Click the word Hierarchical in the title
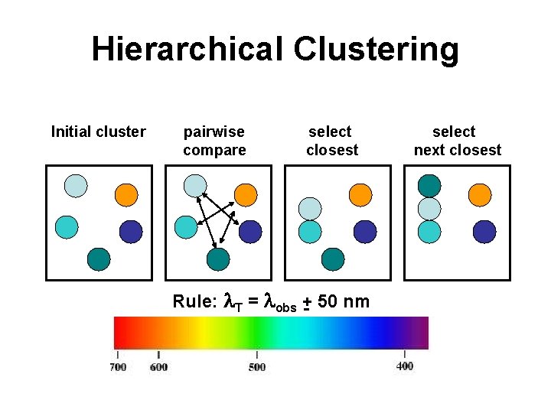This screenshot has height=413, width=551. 187,48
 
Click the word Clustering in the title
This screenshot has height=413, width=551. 376,51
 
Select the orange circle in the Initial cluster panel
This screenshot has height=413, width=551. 126,195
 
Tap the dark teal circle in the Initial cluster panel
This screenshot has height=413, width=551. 99,259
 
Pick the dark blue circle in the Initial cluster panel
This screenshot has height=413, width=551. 131,232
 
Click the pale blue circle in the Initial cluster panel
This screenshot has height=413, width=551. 76,186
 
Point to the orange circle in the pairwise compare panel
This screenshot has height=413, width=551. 246,195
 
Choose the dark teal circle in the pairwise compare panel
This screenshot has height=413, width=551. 218,259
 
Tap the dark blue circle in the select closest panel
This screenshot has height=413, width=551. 365,232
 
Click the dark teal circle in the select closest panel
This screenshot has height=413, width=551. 333,259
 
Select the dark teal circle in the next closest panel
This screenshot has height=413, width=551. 429,186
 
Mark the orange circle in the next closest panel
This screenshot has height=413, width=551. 480,195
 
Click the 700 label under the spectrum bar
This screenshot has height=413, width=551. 118,367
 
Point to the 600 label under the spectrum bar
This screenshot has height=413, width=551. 158,367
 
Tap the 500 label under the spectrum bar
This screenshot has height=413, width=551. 257,367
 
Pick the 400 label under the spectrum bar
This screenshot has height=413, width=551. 405,366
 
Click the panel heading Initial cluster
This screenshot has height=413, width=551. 99,132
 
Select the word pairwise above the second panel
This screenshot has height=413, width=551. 214,132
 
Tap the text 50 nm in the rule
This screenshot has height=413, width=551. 344,301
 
